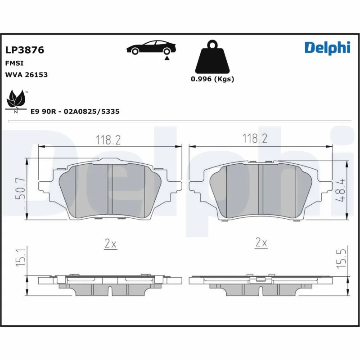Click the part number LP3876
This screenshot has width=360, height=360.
pyautogui.click(x=24, y=50)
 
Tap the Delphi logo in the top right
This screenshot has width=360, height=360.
pyautogui.click(x=327, y=48)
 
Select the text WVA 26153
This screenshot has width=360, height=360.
pyautogui.click(x=26, y=75)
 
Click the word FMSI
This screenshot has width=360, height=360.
pyautogui.click(x=14, y=63)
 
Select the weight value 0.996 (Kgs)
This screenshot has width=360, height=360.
pyautogui.click(x=212, y=79)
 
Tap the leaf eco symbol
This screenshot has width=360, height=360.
pyautogui.click(x=16, y=100)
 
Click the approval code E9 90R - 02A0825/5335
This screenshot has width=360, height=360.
pyautogui.click(x=75, y=111)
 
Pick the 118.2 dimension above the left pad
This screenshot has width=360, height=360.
pyautogui.click(x=108, y=140)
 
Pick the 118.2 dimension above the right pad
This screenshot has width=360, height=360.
pyautogui.click(x=255, y=139)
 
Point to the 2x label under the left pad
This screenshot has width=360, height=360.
pyautogui.click(x=110, y=244)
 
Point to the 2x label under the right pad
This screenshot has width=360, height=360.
pyautogui.click(x=261, y=243)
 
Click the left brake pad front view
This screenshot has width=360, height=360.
pyautogui.click(x=110, y=192)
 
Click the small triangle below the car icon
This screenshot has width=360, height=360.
pyautogui.click(x=167, y=58)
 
